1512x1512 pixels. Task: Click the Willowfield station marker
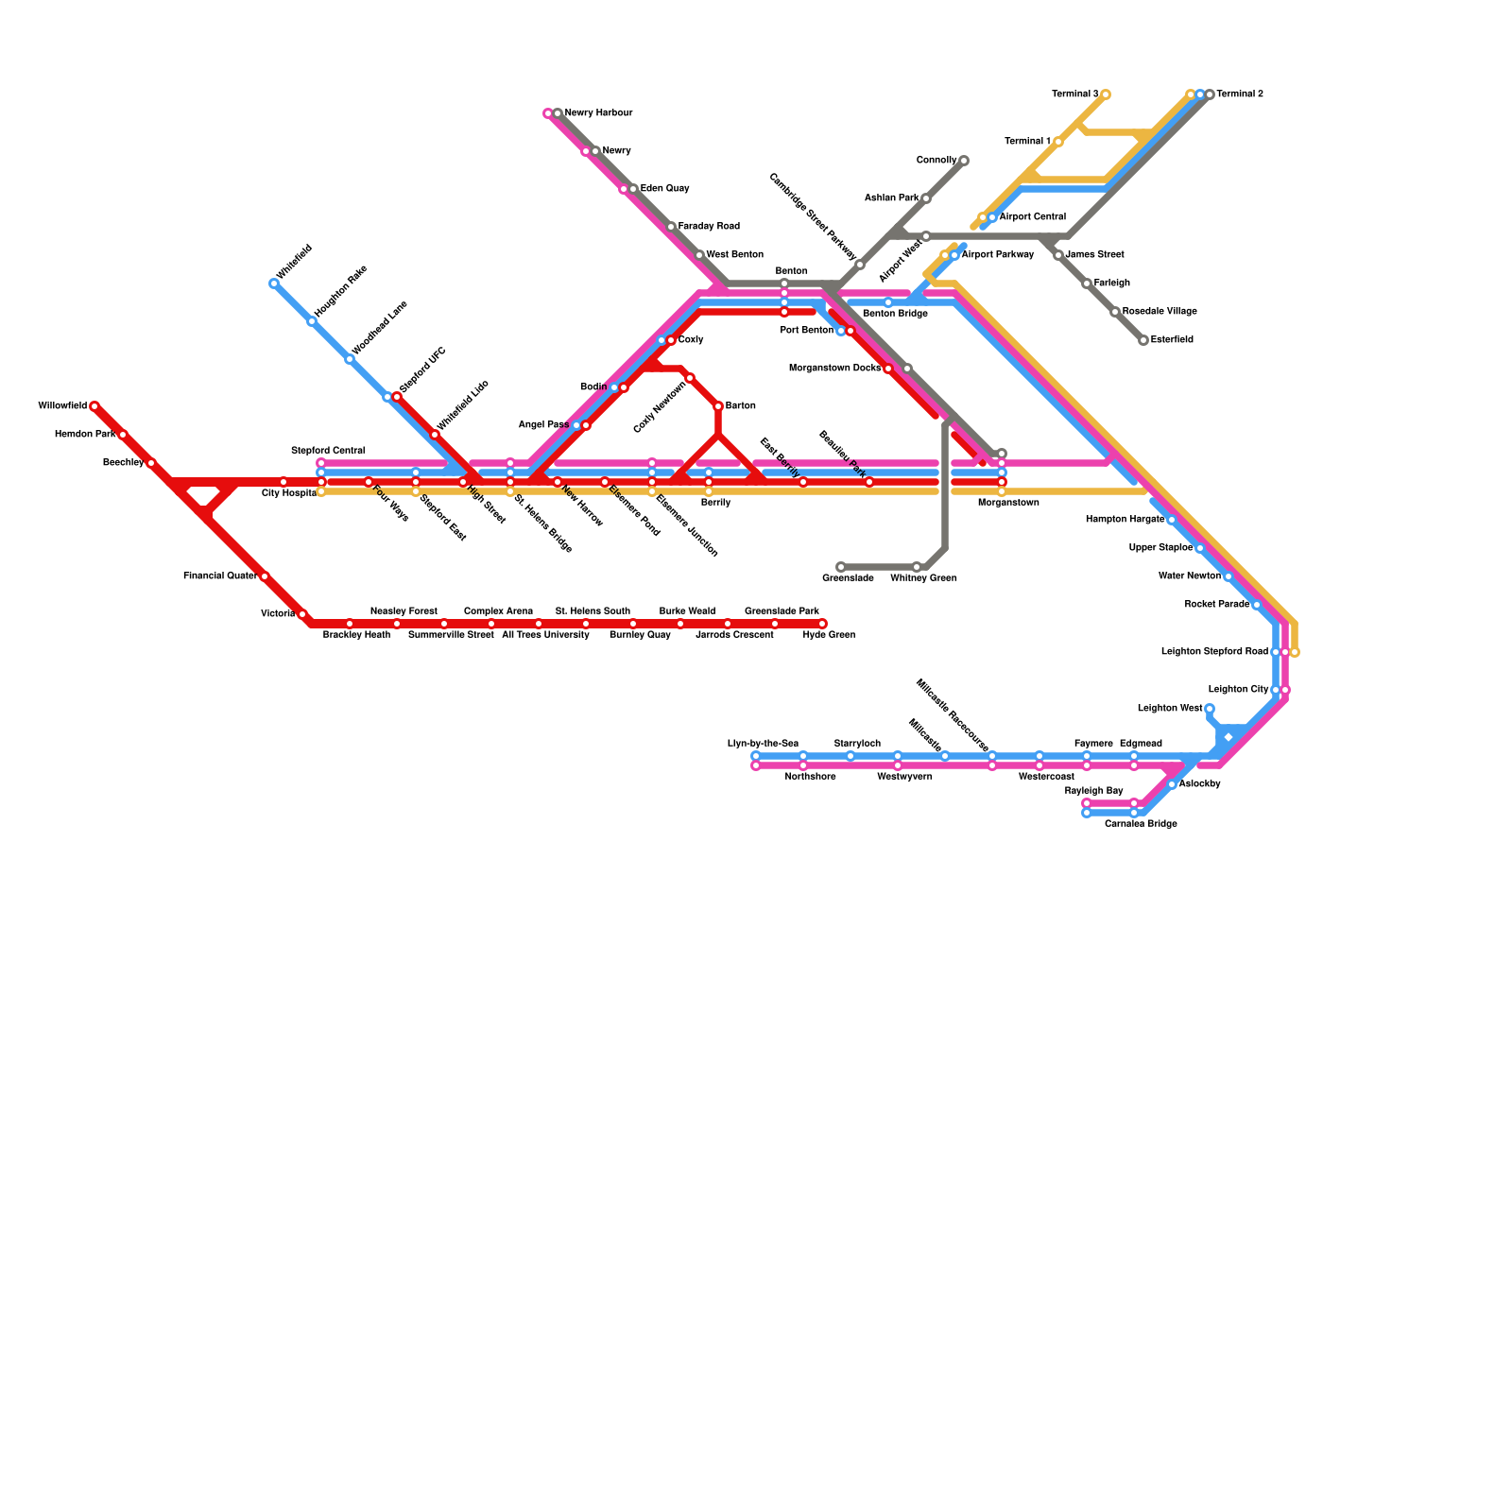[x=94, y=406]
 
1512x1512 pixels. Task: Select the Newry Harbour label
[x=598, y=113]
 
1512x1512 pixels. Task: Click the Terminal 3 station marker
[x=1106, y=94]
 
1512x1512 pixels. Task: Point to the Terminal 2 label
[x=1240, y=94]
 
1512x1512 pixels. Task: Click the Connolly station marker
[x=964, y=161]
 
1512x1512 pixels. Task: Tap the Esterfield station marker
[x=1143, y=340]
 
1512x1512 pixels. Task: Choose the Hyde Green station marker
[x=822, y=624]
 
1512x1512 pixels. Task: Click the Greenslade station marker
[x=841, y=567]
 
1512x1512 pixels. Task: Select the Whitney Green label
[x=923, y=578]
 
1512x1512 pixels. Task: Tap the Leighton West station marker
[x=1210, y=709]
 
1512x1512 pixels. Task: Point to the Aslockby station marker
[x=1172, y=784]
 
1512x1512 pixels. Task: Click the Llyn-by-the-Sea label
[x=763, y=744]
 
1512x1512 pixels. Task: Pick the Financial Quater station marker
[x=265, y=576]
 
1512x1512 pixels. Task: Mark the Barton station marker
[x=718, y=406]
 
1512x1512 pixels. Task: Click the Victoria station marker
[x=302, y=614]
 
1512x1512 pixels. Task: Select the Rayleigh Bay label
[x=1093, y=791]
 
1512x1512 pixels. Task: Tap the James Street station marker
[x=1058, y=255]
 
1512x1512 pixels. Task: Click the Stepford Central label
[x=328, y=451]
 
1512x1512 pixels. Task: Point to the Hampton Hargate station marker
[x=1172, y=520]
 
